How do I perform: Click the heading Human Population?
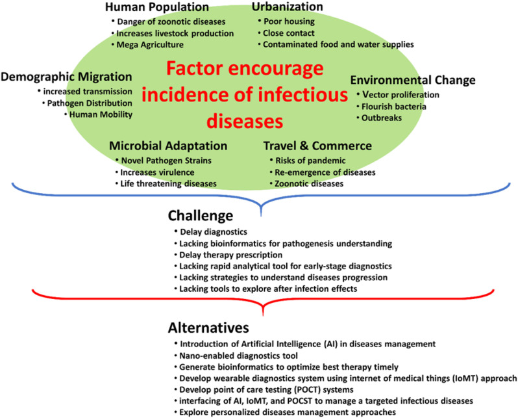(x=157, y=7)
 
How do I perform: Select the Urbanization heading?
(x=287, y=7)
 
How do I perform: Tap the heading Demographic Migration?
(x=66, y=77)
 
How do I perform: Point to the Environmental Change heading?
(x=413, y=80)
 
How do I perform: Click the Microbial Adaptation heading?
(x=168, y=146)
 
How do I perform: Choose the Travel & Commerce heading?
(x=317, y=146)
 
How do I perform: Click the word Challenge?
(x=201, y=215)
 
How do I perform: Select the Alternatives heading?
(x=208, y=328)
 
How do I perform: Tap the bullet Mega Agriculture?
(x=150, y=45)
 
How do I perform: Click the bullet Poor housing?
(x=289, y=21)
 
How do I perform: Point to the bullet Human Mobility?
(x=101, y=114)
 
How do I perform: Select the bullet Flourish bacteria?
(x=394, y=107)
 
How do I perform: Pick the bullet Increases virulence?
(x=157, y=172)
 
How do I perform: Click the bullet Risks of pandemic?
(x=310, y=161)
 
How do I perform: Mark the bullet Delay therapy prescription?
(x=231, y=255)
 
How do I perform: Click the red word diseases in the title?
(x=245, y=122)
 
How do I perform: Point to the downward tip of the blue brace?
(x=262, y=216)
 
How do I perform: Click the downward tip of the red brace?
(x=263, y=315)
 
